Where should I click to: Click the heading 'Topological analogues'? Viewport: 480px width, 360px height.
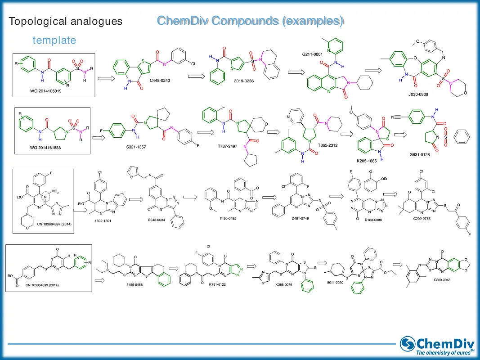[x=66, y=21]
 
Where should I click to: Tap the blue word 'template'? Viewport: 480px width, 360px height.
[x=54, y=40]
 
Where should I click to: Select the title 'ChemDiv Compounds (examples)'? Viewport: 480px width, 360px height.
[x=251, y=20]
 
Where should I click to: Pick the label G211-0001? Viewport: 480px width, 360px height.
[x=313, y=54]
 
